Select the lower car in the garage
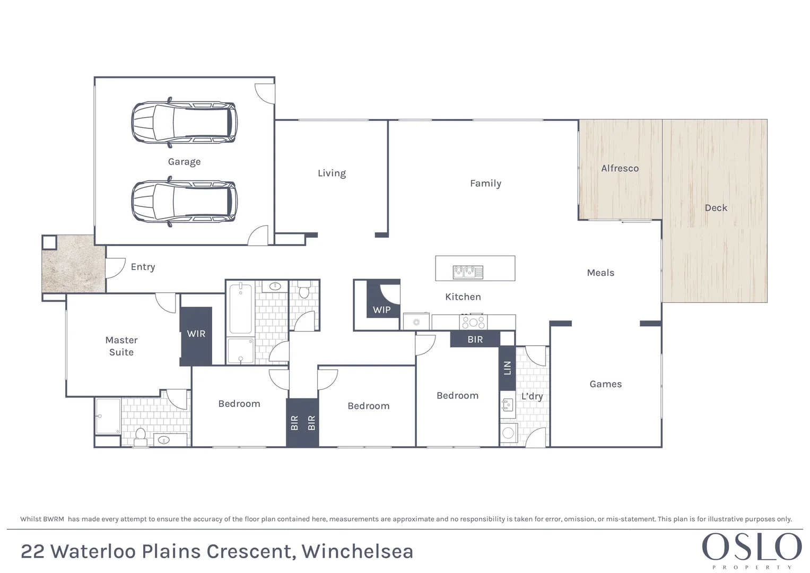pyautogui.click(x=184, y=202)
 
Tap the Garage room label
pyautogui.click(x=184, y=162)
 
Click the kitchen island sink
pyautogui.click(x=468, y=272)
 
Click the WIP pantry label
pyautogui.click(x=381, y=310)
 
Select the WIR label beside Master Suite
pyautogui.click(x=196, y=334)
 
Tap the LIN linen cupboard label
pyautogui.click(x=507, y=368)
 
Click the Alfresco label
pyautogui.click(x=620, y=168)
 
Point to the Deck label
pyautogui.click(x=716, y=208)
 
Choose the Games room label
pyautogui.click(x=605, y=384)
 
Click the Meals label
pyautogui.click(x=600, y=273)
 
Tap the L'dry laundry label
pyautogui.click(x=532, y=396)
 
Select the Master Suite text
pyautogui.click(x=121, y=346)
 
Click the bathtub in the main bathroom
pyautogui.click(x=241, y=309)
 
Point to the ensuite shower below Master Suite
pyautogui.click(x=108, y=416)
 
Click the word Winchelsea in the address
pyautogui.click(x=357, y=552)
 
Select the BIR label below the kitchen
pyautogui.click(x=475, y=340)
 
